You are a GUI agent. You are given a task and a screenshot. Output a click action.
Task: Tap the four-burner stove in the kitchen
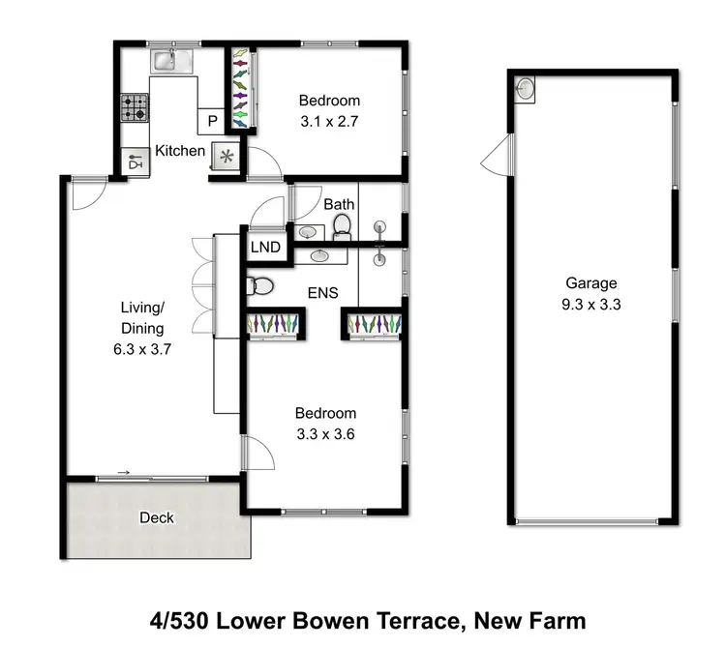pos(134,106)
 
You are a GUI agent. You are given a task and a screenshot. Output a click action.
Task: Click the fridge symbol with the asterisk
pos(227,157)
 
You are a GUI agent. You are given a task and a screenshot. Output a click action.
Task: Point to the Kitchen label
pos(180,150)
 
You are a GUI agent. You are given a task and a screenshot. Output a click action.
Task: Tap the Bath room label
pos(339,204)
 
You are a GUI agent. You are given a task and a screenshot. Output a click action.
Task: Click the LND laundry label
pos(265,248)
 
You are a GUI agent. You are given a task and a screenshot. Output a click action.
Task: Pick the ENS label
pos(323,292)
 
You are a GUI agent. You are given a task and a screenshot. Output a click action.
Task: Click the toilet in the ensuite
pos(257,286)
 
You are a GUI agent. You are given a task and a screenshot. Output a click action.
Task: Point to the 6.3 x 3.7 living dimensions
pos(142,350)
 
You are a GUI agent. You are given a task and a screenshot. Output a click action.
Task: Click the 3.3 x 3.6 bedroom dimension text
pos(325,434)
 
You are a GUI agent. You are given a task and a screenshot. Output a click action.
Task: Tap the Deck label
pos(156,517)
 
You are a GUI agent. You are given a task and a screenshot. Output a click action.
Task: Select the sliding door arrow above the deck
pos(123,472)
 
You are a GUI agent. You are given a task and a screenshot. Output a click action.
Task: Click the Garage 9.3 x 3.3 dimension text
pos(591,303)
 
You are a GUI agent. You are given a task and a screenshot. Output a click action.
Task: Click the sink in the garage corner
pos(524,89)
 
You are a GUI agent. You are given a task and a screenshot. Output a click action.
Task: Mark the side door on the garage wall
pos(495,155)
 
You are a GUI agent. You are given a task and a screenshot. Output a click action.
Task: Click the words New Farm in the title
pos(535,619)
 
